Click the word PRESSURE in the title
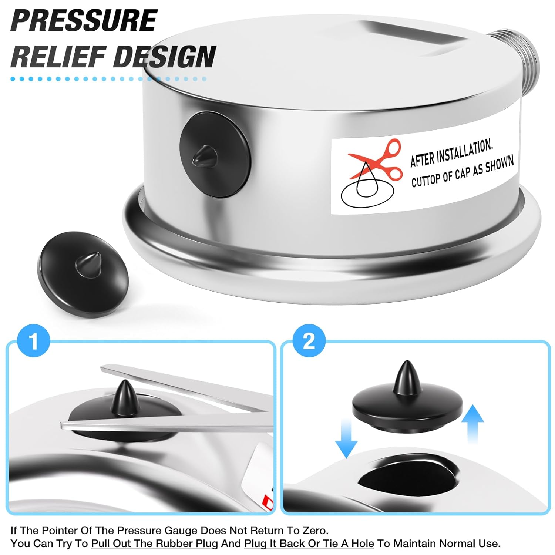(x=84, y=20)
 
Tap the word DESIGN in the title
(x=164, y=56)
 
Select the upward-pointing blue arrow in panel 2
(x=475, y=424)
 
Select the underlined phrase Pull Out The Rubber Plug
(x=154, y=544)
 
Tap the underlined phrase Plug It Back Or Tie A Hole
(x=309, y=544)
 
